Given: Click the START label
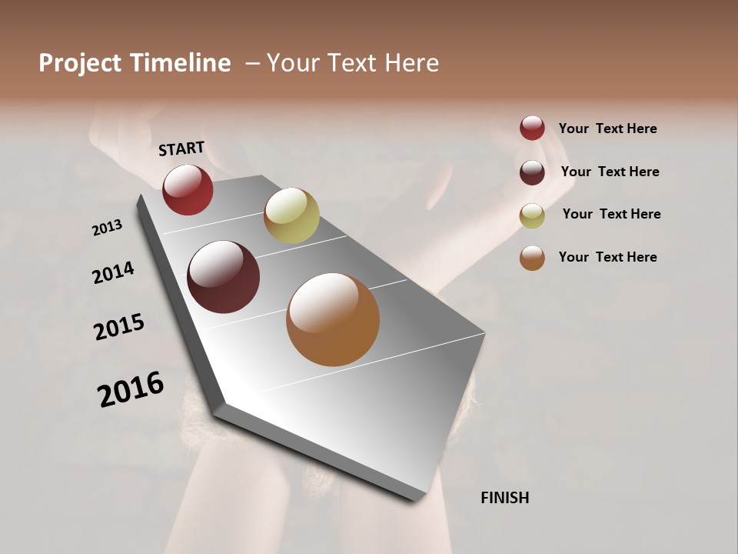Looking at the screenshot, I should click(181, 149).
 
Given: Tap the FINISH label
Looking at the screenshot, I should click(504, 498).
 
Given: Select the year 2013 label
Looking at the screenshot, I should click(107, 228).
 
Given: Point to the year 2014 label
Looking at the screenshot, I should click(113, 272).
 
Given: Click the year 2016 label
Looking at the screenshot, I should click(131, 389).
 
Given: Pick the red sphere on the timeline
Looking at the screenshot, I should click(188, 189).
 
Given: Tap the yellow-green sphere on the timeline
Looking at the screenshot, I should click(291, 215).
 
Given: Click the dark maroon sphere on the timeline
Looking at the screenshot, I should click(223, 277).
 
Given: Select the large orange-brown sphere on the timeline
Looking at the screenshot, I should click(333, 319).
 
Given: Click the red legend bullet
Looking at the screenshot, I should click(532, 128).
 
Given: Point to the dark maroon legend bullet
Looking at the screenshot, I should click(532, 172).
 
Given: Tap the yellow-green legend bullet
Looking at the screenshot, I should click(532, 215).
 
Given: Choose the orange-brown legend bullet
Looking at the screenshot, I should click(532, 258).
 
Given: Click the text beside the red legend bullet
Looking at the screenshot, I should click(607, 128).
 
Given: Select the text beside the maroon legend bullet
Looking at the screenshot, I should click(610, 172).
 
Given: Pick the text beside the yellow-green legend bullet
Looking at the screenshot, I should click(611, 214).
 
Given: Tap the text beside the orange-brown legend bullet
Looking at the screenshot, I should click(607, 257).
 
